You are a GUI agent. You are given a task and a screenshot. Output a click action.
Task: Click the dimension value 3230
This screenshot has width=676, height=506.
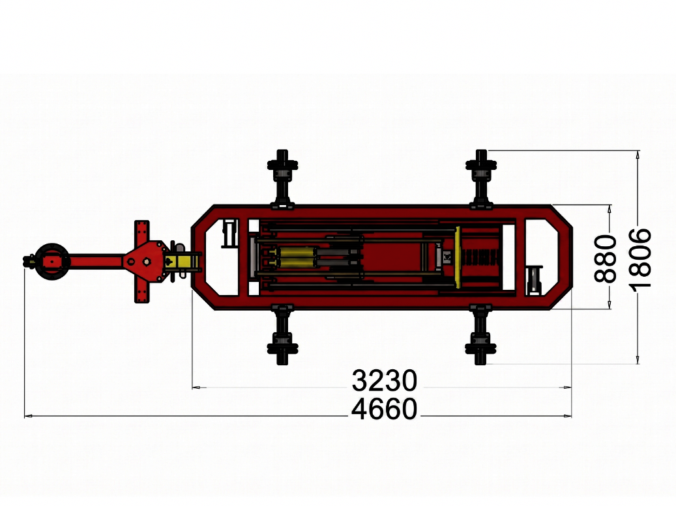pos(385,381)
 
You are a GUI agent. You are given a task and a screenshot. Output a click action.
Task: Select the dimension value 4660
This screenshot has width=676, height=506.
pos(385,409)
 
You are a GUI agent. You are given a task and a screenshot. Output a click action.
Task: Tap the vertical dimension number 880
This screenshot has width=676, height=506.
pos(606,259)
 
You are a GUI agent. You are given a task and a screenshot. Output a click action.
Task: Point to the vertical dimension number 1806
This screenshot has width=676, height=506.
pos(639,259)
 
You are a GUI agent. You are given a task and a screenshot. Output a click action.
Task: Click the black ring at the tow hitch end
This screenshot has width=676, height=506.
pos(52,261)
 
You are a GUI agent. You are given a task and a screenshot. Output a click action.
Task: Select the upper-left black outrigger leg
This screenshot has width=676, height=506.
pos(282,178)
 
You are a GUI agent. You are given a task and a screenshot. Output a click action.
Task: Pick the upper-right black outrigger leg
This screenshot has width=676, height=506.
pos(481,178)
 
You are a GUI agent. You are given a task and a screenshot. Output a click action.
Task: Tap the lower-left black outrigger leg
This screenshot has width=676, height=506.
pos(282,335)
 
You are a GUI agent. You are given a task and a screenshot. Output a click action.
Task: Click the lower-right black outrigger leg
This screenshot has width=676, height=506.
pos(481,335)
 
